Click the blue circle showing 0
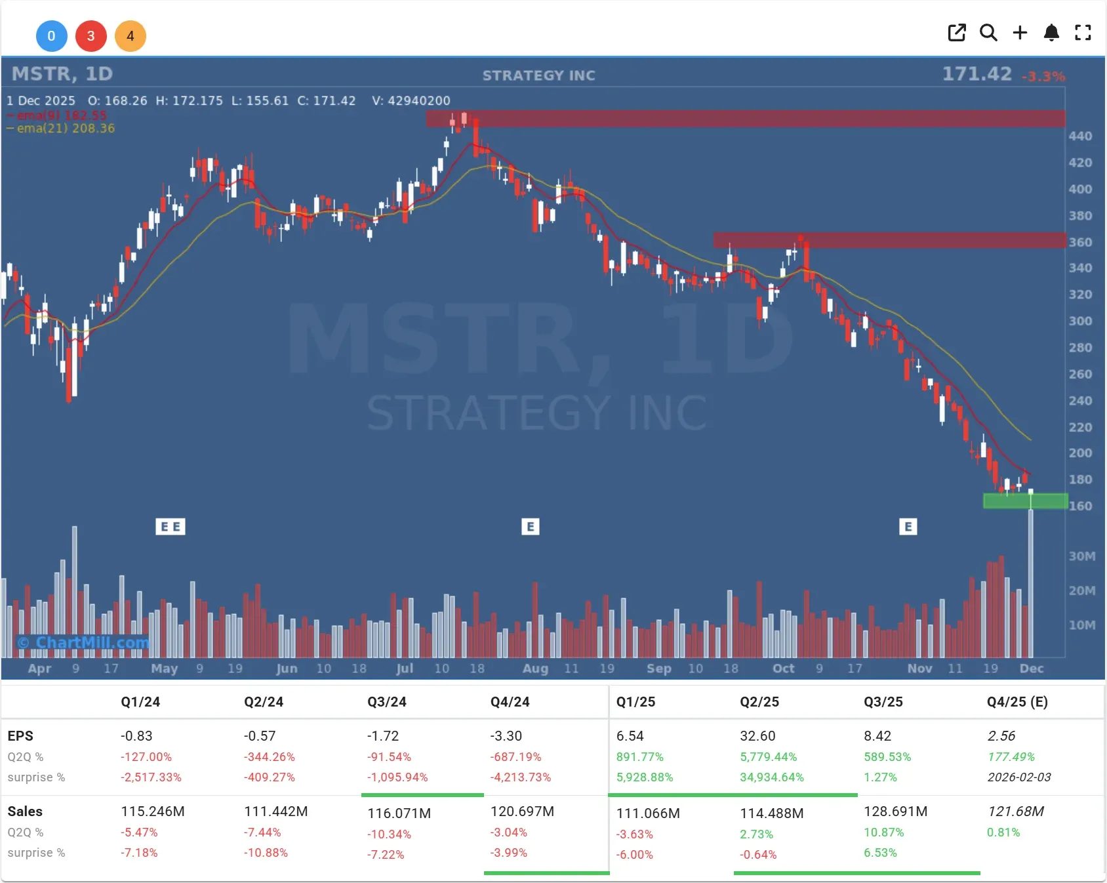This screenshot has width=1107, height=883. [51, 36]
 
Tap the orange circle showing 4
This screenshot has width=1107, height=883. [130, 36]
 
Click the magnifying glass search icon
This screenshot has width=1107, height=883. [988, 33]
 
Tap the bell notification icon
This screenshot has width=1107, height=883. [1051, 33]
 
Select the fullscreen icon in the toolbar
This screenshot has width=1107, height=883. [1083, 33]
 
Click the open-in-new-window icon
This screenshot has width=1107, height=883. [957, 33]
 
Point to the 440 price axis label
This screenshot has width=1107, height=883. [1080, 136]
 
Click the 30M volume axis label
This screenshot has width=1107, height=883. [1081, 556]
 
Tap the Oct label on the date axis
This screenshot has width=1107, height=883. [783, 668]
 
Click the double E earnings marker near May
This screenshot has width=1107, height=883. [171, 527]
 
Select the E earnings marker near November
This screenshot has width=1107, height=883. [908, 527]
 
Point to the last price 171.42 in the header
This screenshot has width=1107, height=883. [976, 74]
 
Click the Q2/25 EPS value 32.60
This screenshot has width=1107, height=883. [757, 736]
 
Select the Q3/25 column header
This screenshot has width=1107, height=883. [883, 702]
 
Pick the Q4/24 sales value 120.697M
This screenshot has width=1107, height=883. [522, 811]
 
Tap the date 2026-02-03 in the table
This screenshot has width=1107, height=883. [1018, 777]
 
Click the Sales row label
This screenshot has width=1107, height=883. [25, 811]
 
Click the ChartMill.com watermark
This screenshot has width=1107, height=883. [84, 643]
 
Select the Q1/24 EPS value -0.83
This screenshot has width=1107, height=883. [136, 736]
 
